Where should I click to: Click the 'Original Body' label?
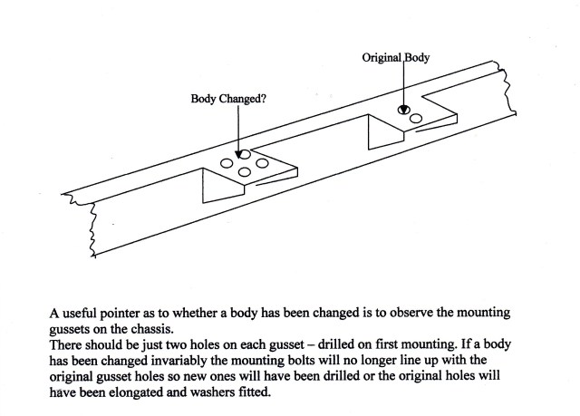tap(395, 57)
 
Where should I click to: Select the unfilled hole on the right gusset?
tap(416, 119)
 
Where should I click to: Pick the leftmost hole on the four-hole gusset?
tap(227, 164)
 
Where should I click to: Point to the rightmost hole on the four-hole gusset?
tap(262, 163)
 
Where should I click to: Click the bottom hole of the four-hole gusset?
tap(245, 173)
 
